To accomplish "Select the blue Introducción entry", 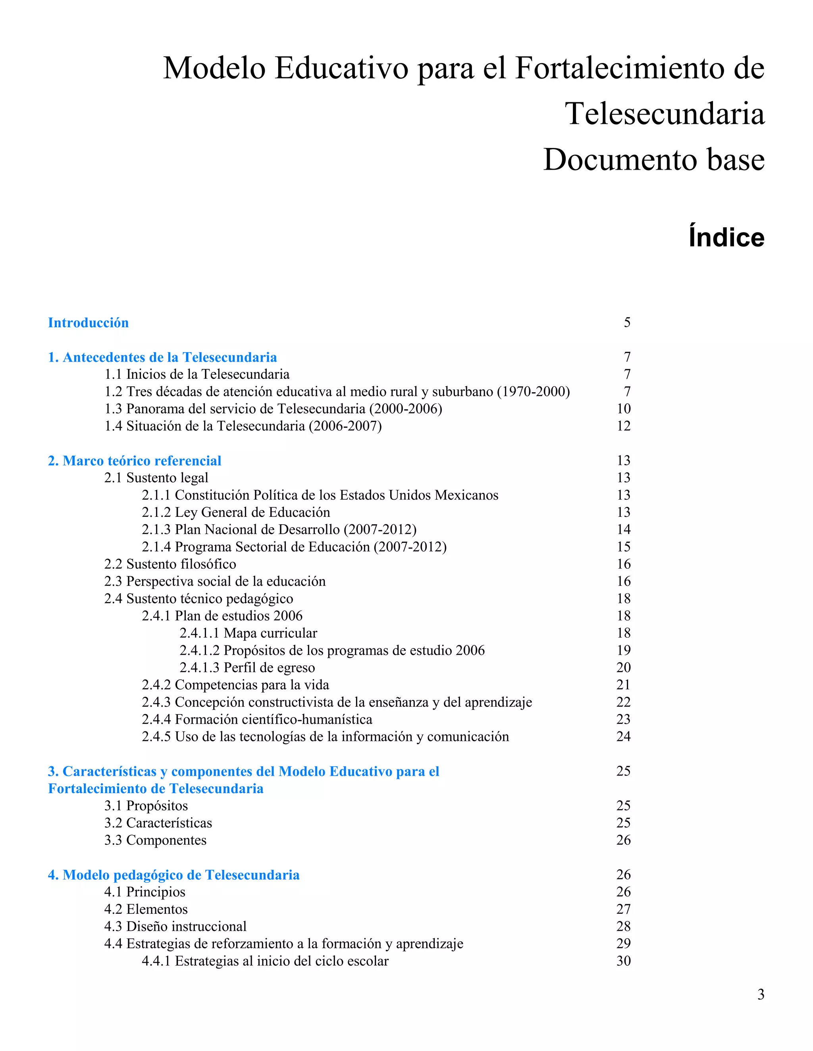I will click(x=88, y=322).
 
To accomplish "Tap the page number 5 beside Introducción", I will click(x=626, y=322).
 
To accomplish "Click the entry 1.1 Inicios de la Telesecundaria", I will click(x=197, y=374).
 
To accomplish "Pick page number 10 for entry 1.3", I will click(x=623, y=409).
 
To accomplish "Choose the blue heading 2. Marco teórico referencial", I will click(x=135, y=460).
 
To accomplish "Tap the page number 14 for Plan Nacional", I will click(x=623, y=529).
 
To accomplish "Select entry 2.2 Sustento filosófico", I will click(x=170, y=564).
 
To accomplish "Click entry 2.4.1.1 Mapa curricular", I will click(x=248, y=633).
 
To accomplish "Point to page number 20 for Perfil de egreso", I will click(x=623, y=667).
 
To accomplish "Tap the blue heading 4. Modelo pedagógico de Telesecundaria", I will click(x=173, y=875).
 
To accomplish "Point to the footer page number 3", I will click(x=761, y=994).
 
